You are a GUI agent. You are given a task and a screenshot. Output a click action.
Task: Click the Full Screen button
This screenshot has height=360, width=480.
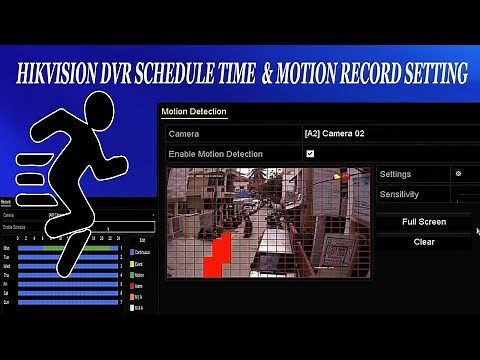tap(423, 222)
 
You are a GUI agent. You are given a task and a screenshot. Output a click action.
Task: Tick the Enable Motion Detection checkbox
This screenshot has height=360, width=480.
tap(310, 153)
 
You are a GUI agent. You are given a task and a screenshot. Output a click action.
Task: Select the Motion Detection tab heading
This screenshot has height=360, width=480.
tap(194, 112)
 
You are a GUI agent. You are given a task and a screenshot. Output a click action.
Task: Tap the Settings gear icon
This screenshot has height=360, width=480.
tap(458, 174)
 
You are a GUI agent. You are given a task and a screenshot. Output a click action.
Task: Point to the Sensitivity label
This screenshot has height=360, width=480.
tap(399, 194)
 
